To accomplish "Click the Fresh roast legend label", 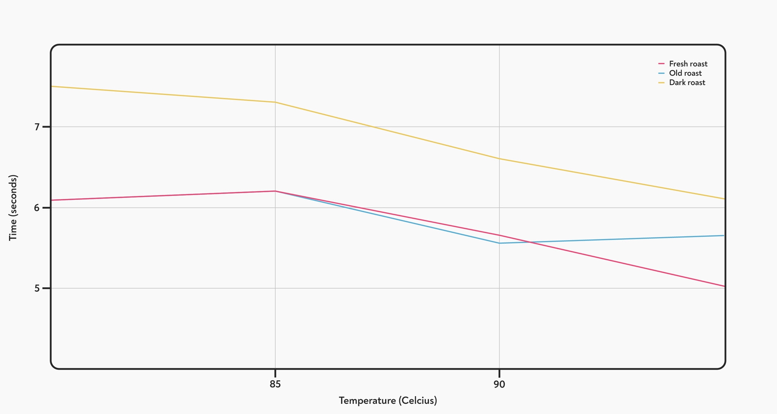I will tap(688, 64).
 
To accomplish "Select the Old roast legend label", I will tap(685, 73).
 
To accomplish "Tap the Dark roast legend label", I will tap(687, 82).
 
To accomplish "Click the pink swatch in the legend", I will tap(662, 64).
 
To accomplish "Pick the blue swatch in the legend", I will tap(662, 73).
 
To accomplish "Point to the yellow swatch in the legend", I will tap(662, 82).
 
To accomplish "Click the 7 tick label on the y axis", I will tap(37, 127).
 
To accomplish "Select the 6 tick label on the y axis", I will tap(37, 208).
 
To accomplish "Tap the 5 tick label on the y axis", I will tap(37, 288).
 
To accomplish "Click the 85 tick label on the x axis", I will tap(275, 384).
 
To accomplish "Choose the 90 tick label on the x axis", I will tap(499, 384).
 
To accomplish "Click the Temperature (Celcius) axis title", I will tap(388, 400).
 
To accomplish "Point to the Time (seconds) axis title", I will tap(13, 208).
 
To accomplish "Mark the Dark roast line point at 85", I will tap(275, 102).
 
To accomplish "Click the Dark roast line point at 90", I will tap(499, 159).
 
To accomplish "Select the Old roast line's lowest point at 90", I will tap(499, 243).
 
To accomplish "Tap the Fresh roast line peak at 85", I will tap(275, 191).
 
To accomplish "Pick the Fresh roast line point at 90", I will tap(499, 235).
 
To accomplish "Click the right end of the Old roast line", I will tap(724, 236).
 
